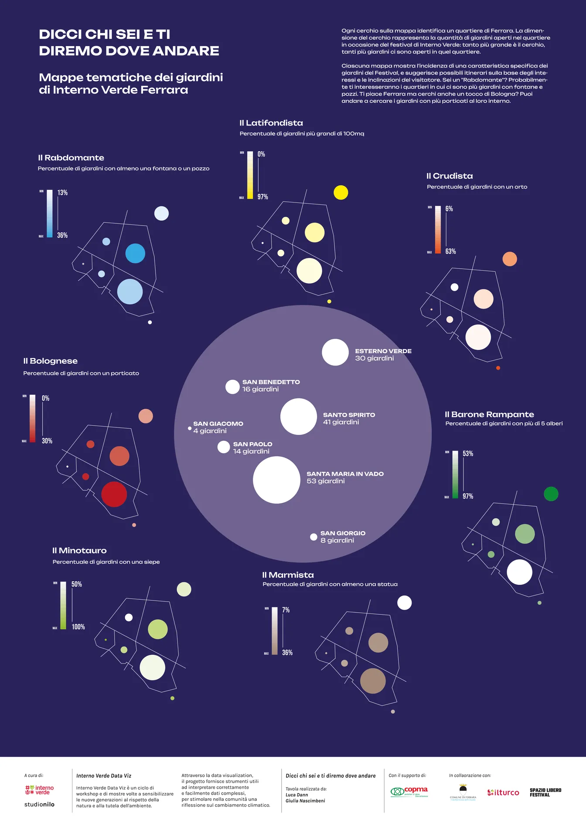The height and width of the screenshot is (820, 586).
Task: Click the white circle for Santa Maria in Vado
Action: (276, 480)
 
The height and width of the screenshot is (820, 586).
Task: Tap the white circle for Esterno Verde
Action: (335, 352)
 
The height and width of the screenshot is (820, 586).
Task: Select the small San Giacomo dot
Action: (190, 428)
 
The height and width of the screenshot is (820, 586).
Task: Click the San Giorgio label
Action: (343, 533)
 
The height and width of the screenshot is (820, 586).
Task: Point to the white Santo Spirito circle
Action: (298, 417)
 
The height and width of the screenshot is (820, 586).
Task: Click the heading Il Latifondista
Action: (271, 123)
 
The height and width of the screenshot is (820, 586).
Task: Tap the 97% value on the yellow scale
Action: (262, 197)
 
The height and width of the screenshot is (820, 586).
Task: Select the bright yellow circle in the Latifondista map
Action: (341, 192)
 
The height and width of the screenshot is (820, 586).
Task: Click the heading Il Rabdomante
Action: (71, 158)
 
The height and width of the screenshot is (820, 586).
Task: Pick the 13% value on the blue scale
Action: (62, 193)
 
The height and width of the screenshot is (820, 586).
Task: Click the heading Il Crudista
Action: (450, 176)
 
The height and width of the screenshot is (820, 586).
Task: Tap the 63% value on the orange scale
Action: (450, 251)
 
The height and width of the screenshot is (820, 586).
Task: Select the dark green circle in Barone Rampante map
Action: (551, 494)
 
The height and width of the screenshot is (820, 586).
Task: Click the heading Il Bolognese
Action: (51, 361)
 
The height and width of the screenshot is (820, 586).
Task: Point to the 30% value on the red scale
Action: (47, 441)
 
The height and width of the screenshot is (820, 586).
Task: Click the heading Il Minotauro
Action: (79, 550)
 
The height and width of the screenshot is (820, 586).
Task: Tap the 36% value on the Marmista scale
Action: (287, 652)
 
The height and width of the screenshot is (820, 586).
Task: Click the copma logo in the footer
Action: (409, 791)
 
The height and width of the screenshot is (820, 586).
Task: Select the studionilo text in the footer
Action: (39, 804)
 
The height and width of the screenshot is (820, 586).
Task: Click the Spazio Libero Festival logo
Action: (545, 792)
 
